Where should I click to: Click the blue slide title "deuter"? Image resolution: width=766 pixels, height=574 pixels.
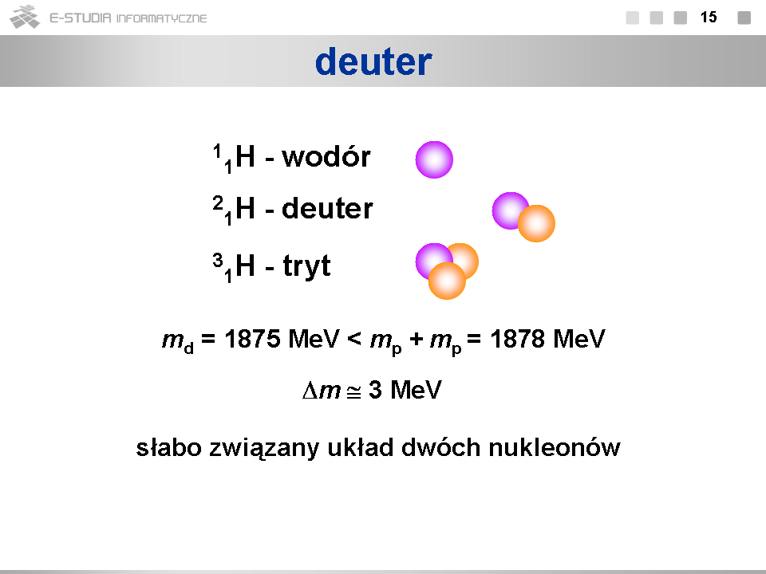pyautogui.click(x=373, y=61)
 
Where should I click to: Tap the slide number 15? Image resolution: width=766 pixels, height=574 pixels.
pyautogui.click(x=709, y=18)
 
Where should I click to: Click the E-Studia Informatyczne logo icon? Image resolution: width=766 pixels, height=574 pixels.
pyautogui.click(x=25, y=17)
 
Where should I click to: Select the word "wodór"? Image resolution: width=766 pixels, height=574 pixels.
pyautogui.click(x=326, y=157)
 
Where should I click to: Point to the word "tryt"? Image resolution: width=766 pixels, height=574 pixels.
pyautogui.click(x=306, y=266)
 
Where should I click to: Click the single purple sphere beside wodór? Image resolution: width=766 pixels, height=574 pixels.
pyautogui.click(x=434, y=159)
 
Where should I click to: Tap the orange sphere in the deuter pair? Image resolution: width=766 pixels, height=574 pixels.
pyautogui.click(x=536, y=223)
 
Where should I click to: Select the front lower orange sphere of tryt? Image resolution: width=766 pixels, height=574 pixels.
pyautogui.click(x=447, y=281)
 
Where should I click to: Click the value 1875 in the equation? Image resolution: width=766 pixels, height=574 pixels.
pyautogui.click(x=253, y=339)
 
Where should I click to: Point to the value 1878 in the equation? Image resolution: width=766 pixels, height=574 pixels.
pyautogui.click(x=518, y=339)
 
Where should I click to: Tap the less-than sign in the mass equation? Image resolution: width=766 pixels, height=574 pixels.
pyautogui.click(x=354, y=339)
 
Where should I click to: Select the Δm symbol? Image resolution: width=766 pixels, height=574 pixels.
pyautogui.click(x=322, y=390)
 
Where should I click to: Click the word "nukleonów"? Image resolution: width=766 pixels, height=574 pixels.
pyautogui.click(x=555, y=447)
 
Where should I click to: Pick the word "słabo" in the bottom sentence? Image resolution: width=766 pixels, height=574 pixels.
pyautogui.click(x=168, y=447)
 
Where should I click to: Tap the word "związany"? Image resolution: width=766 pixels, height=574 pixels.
pyautogui.click(x=264, y=449)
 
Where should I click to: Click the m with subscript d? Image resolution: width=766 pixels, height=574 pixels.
pyautogui.click(x=178, y=340)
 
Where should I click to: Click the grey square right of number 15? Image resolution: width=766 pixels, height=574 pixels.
pyautogui.click(x=744, y=18)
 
